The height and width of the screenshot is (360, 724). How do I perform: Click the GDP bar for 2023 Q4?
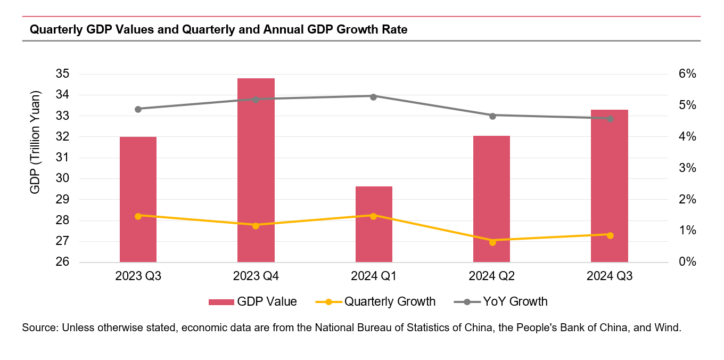tap(256, 170)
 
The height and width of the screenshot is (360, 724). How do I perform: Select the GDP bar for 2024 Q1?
tap(374, 224)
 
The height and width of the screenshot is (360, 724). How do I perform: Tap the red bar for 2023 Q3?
tap(138, 200)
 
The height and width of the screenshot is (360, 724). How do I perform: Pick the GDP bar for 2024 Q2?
tap(491, 199)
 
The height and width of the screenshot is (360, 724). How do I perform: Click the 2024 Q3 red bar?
tap(610, 186)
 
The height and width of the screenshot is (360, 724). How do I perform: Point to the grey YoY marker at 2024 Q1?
tap(374, 96)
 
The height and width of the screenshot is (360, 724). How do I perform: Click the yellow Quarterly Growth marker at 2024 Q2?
tap(492, 242)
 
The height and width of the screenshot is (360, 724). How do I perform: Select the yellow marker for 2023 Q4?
tap(256, 226)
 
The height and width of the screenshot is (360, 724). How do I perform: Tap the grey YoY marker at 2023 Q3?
tap(138, 109)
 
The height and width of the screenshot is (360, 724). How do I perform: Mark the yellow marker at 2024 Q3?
tap(610, 235)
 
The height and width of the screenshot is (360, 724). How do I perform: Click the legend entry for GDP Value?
tap(253, 302)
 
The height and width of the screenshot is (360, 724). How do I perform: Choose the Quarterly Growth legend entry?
tap(376, 302)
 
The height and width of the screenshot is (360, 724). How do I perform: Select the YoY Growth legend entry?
tap(501, 302)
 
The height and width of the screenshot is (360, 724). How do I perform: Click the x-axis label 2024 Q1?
tap(374, 276)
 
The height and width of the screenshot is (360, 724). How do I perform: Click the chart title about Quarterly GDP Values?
tap(219, 30)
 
